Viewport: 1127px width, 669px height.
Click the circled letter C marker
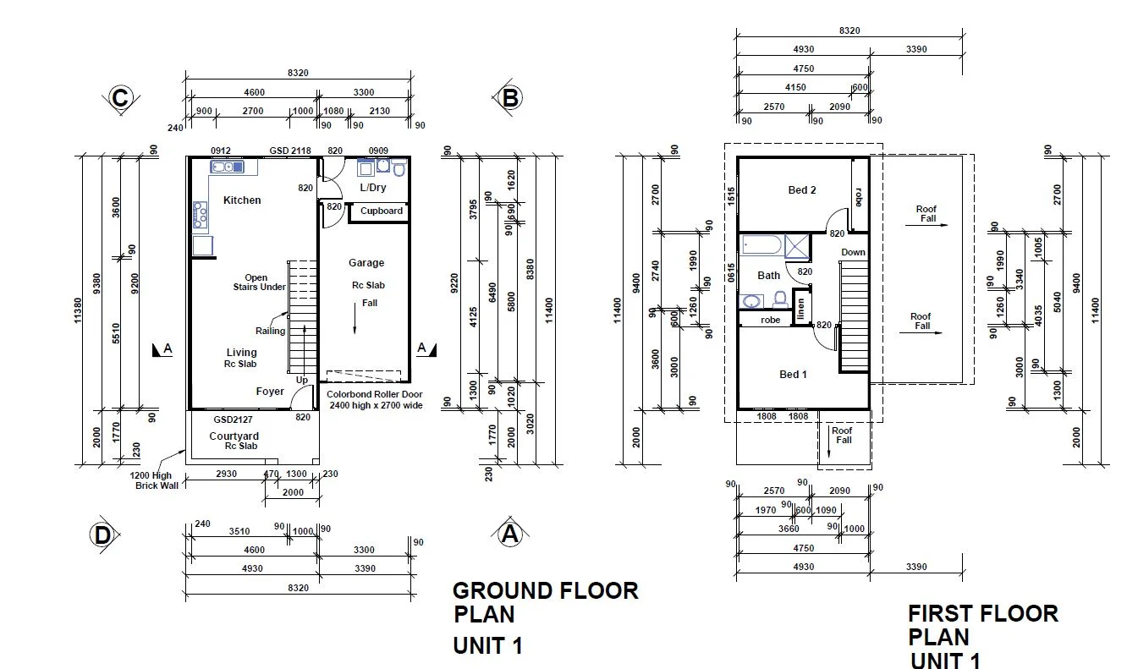click(x=120, y=99)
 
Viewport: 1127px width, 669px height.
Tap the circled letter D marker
click(x=102, y=535)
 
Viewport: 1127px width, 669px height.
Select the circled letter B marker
click(x=509, y=99)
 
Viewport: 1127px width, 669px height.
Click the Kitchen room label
click(x=242, y=200)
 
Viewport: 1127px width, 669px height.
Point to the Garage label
click(x=366, y=263)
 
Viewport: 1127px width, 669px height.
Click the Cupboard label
click(x=382, y=211)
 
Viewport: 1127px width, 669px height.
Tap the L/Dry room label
click(x=373, y=188)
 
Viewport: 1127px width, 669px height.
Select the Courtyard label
click(x=234, y=436)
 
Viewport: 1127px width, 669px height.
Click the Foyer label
click(x=271, y=392)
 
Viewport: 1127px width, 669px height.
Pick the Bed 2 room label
click(x=802, y=190)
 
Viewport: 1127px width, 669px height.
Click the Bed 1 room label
click(x=793, y=375)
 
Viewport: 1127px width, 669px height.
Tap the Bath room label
click(x=768, y=275)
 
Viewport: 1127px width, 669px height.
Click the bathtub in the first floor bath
click(x=762, y=246)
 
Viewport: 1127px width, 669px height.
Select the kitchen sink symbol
click(x=227, y=167)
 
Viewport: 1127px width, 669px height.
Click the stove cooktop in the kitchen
click(x=201, y=215)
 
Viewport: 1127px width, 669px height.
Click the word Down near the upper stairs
click(x=853, y=252)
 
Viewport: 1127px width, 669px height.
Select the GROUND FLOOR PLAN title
click(x=545, y=601)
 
